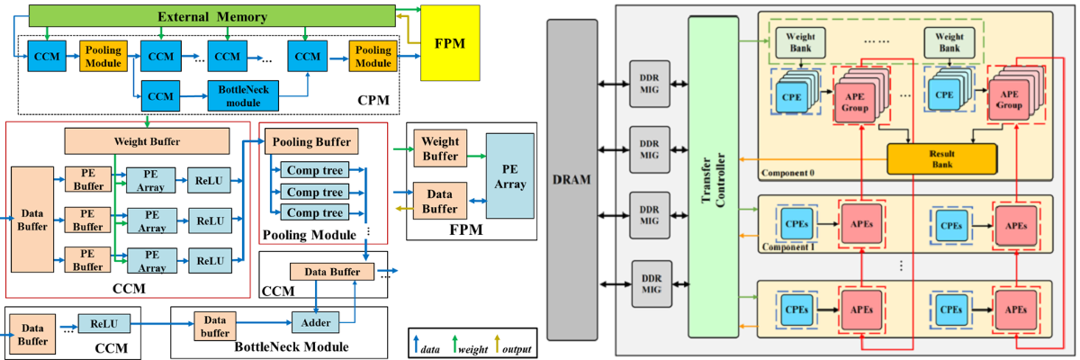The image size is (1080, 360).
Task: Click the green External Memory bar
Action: coord(212,15)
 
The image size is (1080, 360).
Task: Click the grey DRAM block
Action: coord(571,180)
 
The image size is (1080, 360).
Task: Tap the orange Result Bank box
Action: coord(941,157)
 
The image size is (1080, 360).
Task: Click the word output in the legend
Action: coord(515,348)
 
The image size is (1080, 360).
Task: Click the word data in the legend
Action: coord(429,348)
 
